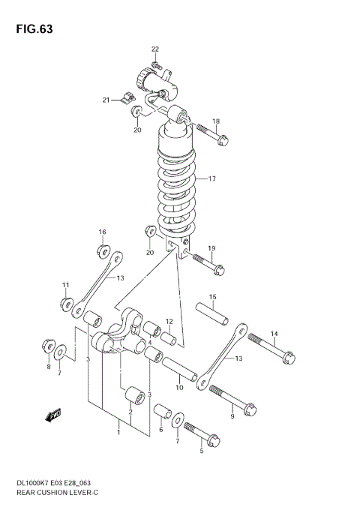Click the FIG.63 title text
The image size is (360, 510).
click(x=32, y=29)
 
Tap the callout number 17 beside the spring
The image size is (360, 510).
click(x=212, y=179)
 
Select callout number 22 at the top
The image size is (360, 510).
click(x=155, y=49)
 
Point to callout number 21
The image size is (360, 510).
click(x=107, y=100)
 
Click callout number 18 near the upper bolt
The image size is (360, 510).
click(x=216, y=121)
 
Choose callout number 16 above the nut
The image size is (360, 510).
click(x=103, y=232)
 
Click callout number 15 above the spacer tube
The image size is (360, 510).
click(x=212, y=297)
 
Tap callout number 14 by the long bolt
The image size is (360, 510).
click(x=274, y=334)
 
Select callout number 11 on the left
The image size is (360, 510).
click(x=66, y=285)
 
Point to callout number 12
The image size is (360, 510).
click(x=169, y=322)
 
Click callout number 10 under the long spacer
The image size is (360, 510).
click(x=178, y=388)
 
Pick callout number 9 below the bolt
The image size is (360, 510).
click(x=232, y=417)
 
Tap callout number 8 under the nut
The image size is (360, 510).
click(x=49, y=367)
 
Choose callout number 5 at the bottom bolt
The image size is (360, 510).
click(x=201, y=451)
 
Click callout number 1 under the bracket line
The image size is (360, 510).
click(x=118, y=432)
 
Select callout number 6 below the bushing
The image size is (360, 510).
click(x=160, y=430)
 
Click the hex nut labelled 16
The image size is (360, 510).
click(x=102, y=250)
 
